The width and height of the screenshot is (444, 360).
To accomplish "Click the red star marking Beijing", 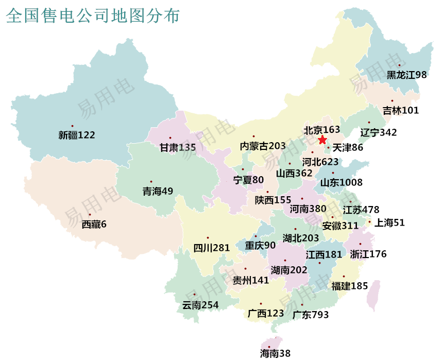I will click(x=322, y=140).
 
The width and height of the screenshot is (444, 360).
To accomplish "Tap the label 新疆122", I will click(x=77, y=135).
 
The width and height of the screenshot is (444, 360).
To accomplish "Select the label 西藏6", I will click(x=94, y=225).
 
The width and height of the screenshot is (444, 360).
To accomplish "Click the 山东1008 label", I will click(x=341, y=182).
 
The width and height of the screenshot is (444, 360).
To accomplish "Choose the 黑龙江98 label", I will click(x=406, y=75).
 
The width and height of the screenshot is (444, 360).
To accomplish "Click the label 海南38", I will click(x=275, y=353).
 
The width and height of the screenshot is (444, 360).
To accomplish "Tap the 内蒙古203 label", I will click(x=263, y=146).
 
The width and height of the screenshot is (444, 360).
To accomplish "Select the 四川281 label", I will click(x=211, y=248).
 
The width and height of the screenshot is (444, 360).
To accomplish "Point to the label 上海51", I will click(x=389, y=222).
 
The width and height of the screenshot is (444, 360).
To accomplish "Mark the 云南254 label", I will click(x=200, y=305).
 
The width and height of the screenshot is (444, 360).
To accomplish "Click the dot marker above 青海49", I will click(x=151, y=181).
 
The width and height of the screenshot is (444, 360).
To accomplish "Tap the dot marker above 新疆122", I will click(x=73, y=126).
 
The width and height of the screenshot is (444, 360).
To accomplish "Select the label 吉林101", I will click(x=401, y=110).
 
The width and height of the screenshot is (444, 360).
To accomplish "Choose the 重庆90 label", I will click(x=260, y=246).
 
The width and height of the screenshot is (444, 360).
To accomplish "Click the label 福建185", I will click(x=350, y=286).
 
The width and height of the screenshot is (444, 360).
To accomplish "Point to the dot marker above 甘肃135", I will click(x=170, y=138).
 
